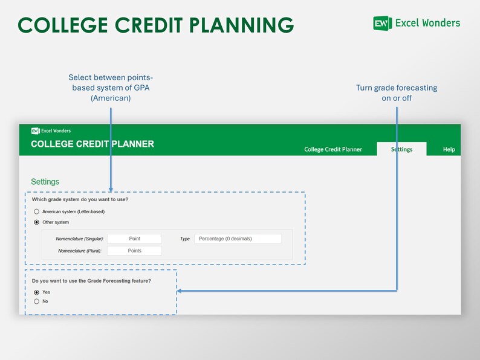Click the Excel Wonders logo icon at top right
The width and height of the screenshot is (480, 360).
[382, 24]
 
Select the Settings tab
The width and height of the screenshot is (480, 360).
[401, 149]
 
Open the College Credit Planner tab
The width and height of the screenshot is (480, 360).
[333, 149]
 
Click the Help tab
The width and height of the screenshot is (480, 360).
[449, 149]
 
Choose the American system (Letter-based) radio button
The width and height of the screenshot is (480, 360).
[37, 211]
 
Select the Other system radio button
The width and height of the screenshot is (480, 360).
[37, 222]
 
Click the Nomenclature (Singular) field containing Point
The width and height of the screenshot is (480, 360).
[134, 239]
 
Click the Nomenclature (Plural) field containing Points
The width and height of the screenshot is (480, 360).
[134, 251]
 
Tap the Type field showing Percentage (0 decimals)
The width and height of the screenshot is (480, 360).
[238, 239]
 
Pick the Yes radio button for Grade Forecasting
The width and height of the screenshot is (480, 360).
[37, 292]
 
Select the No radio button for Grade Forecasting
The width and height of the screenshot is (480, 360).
[37, 301]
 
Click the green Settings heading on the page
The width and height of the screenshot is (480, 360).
[45, 182]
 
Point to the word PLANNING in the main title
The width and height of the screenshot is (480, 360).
[242, 25]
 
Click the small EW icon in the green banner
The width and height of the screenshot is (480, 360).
[35, 130]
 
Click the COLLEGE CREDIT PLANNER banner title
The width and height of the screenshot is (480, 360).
[92, 144]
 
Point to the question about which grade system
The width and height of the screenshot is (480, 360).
[80, 199]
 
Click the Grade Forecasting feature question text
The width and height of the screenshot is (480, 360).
[91, 281]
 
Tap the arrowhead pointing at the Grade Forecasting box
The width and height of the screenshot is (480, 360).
[180, 291]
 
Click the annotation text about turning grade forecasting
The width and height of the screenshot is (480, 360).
[397, 92]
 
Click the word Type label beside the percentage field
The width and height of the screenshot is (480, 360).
[185, 239]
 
